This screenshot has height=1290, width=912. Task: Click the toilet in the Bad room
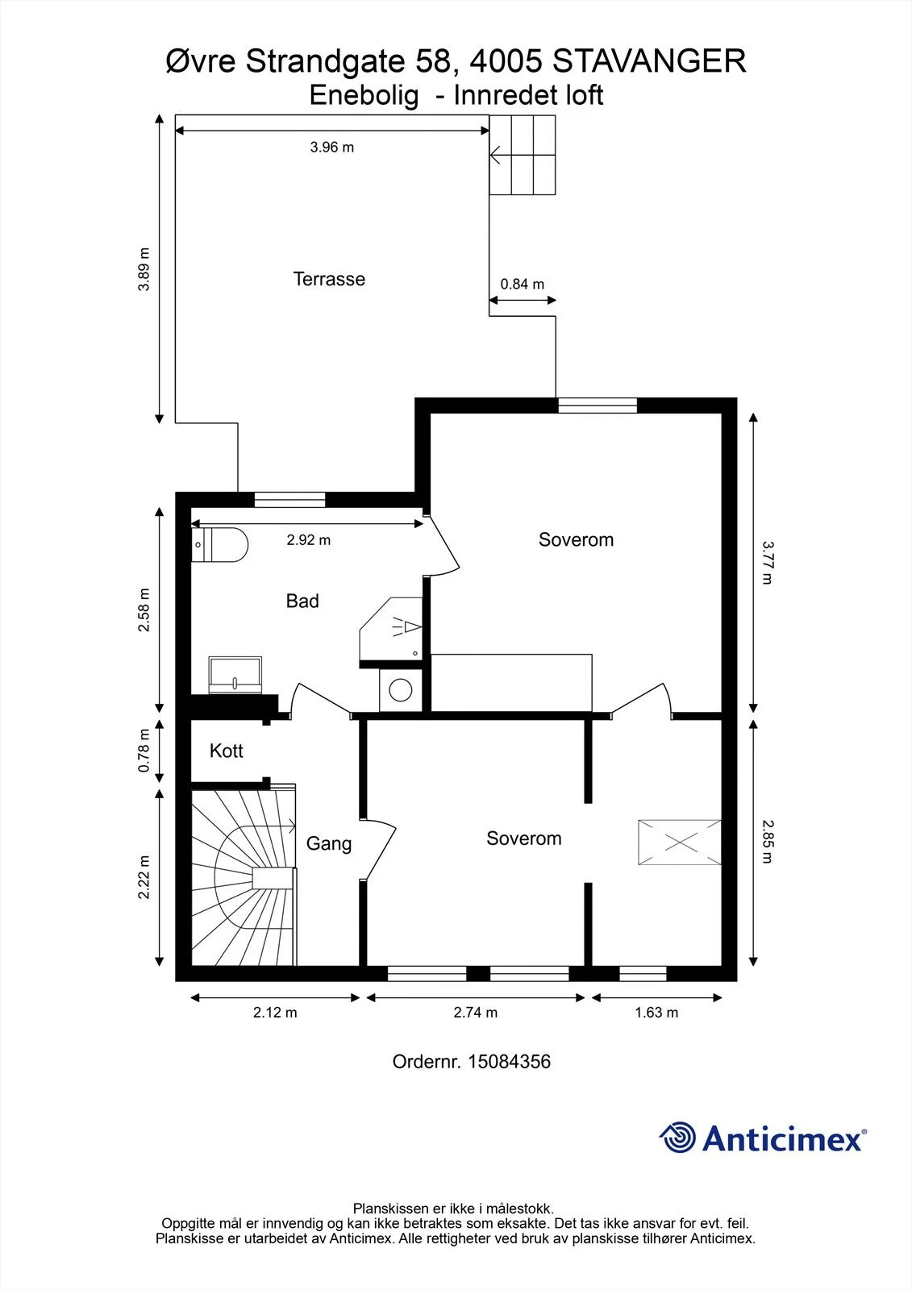(219, 544)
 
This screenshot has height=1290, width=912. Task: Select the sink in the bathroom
(235, 674)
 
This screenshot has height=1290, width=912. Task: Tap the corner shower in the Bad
(391, 629)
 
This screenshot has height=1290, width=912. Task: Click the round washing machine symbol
(401, 689)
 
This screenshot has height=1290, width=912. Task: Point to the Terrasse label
(329, 279)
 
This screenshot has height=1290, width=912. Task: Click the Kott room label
(226, 751)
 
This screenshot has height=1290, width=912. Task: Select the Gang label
(328, 843)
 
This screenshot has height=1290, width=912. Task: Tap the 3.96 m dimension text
(332, 148)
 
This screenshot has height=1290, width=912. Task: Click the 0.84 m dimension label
(522, 284)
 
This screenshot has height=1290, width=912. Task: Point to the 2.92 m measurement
(309, 540)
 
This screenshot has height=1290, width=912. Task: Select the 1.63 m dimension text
(656, 1013)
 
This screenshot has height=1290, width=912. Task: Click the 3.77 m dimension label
(768, 563)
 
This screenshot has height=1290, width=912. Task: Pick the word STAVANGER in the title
(649, 61)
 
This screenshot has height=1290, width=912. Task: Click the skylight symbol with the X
(680, 843)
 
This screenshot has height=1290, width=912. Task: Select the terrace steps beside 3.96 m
(523, 155)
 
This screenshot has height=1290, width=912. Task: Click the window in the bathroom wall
(289, 500)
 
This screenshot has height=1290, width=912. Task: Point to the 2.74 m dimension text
(475, 1013)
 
